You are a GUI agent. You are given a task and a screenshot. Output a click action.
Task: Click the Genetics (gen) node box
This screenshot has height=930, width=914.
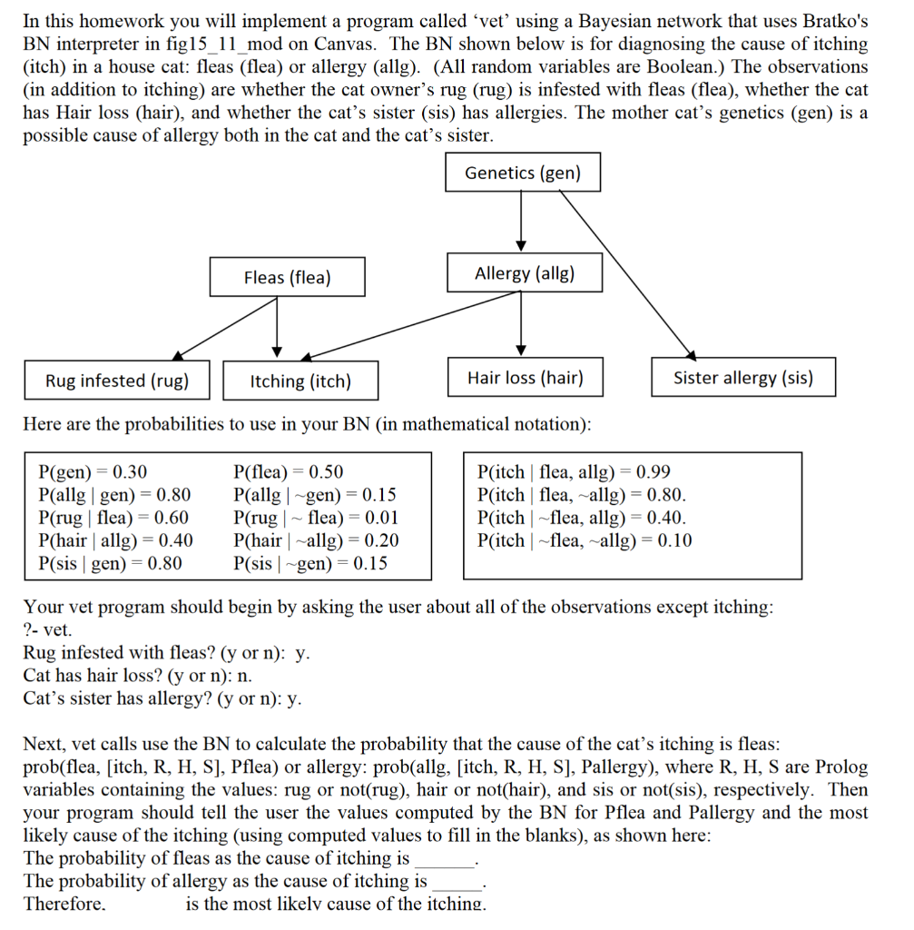coord(523,173)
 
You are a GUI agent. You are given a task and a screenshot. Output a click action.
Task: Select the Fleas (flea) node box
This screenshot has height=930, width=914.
coord(287,277)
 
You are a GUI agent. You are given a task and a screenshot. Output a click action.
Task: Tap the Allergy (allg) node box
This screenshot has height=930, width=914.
coord(525,273)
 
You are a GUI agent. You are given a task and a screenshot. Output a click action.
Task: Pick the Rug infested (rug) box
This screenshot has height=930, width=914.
coord(117,381)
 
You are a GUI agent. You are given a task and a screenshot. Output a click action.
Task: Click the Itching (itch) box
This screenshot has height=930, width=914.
coord(300,381)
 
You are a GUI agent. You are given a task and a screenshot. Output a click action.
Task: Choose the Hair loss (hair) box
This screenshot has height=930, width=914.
coord(525,378)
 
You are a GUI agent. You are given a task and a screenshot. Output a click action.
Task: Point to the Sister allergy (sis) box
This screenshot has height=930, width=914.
coord(742,378)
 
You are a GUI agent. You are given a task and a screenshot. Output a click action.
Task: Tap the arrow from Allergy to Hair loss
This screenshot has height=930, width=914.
coord(521,322)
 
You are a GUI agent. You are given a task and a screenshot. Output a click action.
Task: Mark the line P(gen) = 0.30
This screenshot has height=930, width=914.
coord(93,472)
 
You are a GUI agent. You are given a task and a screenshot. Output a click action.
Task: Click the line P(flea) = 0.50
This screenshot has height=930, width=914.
coord(289,472)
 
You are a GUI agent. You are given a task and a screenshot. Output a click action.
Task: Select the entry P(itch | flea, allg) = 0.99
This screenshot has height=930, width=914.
coord(574,472)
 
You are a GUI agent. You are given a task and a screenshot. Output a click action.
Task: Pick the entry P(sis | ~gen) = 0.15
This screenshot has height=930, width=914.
coord(310,563)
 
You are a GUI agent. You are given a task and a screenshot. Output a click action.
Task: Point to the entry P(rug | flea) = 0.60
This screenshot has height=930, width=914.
coord(114,518)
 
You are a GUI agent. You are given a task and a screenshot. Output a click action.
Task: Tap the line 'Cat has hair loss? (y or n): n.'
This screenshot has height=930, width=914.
coord(138,675)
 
